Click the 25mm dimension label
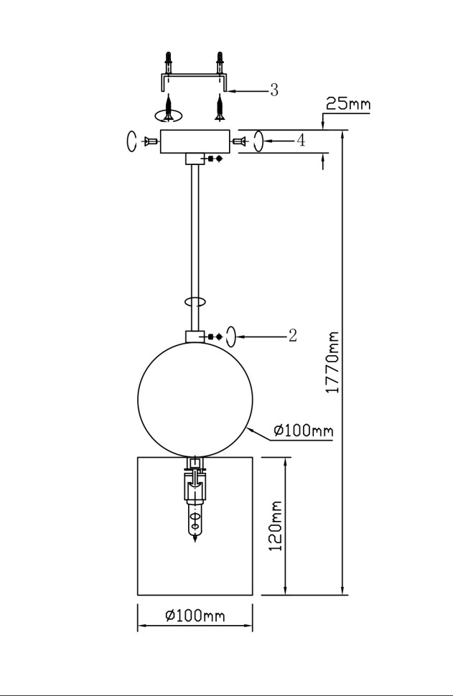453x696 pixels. coord(347,104)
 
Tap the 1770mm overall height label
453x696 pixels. coord(332,362)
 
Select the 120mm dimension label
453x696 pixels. coord(276,526)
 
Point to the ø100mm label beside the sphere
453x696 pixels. coord(304,430)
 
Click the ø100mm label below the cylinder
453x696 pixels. coord(195,615)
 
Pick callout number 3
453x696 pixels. coord(274,90)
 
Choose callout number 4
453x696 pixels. coord(301,141)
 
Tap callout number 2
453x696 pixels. coord(292,336)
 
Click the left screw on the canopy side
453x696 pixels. coord(151,141)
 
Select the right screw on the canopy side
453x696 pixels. coord(239,141)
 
